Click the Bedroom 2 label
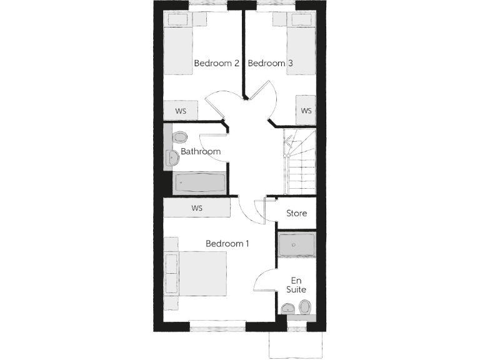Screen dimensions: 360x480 point(217,63)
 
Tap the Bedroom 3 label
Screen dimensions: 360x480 point(271,63)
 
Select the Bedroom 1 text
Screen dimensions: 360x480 point(227,244)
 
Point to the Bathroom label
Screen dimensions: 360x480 point(201,151)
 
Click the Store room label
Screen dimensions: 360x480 point(297,213)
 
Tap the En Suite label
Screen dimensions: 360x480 point(297,285)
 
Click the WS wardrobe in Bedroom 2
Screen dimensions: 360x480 point(181,111)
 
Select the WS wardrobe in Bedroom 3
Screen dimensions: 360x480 point(306,111)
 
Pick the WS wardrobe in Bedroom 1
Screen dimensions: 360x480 point(197,208)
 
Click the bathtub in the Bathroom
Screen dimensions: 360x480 point(199,182)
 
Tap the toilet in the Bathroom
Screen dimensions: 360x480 point(180,137)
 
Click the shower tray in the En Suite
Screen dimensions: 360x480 point(297,244)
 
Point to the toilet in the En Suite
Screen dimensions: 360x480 point(305,307)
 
